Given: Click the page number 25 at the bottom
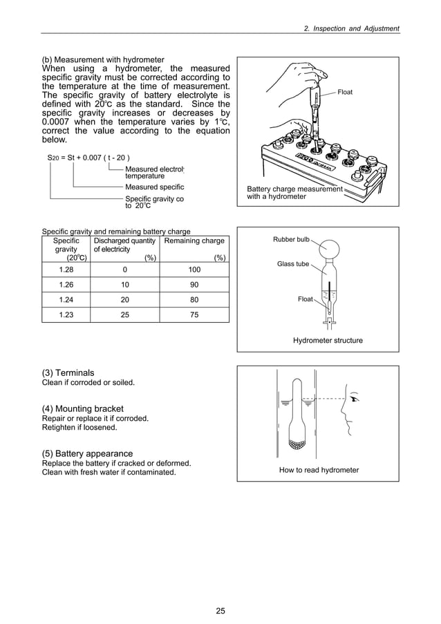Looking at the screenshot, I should click(x=220, y=610).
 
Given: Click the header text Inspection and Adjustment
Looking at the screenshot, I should click(x=353, y=28).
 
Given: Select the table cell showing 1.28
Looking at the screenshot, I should click(x=66, y=269).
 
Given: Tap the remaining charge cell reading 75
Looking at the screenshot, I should click(x=194, y=314).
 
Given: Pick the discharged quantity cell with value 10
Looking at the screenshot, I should click(x=124, y=284).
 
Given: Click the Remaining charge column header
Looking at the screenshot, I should click(x=194, y=241).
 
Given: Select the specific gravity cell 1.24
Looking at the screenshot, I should click(x=66, y=299).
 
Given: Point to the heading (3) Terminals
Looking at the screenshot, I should click(x=68, y=372).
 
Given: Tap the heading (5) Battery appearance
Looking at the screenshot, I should click(x=88, y=453).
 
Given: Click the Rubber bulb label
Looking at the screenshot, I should click(x=291, y=239).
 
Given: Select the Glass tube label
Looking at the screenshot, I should click(x=293, y=264).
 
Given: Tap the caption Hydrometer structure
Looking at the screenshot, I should click(x=328, y=341).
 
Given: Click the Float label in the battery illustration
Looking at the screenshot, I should click(x=346, y=91).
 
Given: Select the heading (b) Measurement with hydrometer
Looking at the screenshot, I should click(x=104, y=59).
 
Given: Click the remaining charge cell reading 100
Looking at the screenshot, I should click(x=194, y=269).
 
